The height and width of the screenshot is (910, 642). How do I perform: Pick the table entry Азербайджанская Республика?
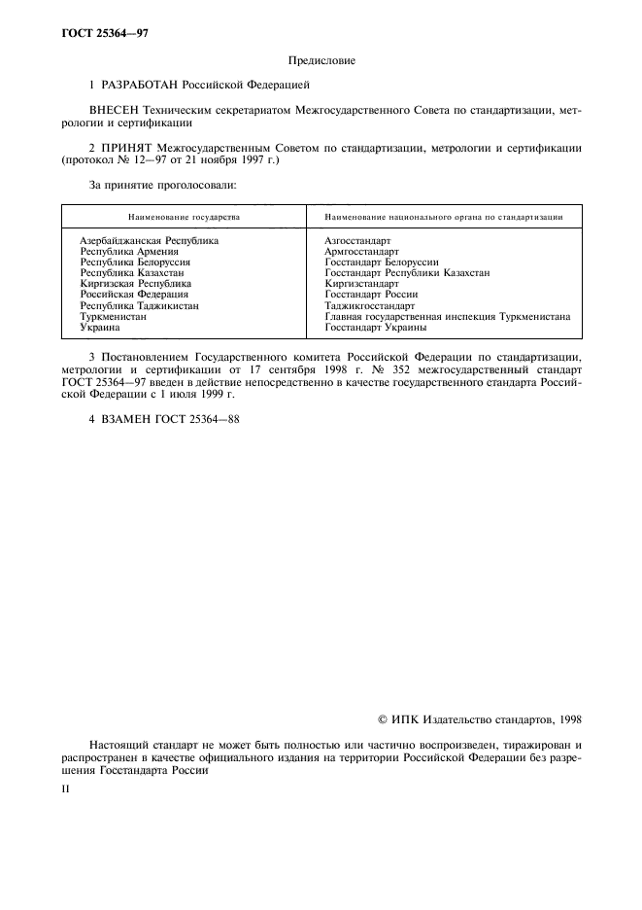point(149,240)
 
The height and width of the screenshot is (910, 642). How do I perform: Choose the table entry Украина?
point(99,328)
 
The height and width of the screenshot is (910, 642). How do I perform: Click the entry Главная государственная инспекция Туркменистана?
point(447,317)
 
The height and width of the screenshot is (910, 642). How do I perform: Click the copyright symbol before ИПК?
point(383,719)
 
